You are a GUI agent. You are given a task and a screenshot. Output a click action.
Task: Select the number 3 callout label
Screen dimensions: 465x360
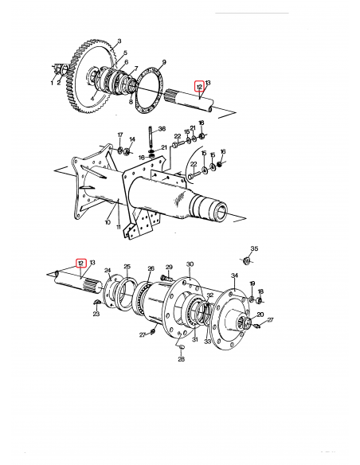click(119, 40)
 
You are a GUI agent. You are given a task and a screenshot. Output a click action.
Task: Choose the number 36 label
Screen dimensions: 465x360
click(162, 129)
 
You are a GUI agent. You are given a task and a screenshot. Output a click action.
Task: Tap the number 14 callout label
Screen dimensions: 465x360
click(132, 140)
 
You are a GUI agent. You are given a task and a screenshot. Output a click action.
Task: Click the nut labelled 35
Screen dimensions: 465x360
click(246, 261)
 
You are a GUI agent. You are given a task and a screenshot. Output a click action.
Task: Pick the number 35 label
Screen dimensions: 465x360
click(255, 249)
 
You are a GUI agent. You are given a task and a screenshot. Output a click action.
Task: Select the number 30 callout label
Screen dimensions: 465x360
click(190, 264)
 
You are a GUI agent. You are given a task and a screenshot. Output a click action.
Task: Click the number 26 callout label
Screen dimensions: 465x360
click(151, 268)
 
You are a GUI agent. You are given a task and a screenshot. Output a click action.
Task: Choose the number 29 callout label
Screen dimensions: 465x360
click(169, 267)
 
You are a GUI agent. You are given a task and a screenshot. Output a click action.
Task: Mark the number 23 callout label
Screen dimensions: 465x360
click(97, 314)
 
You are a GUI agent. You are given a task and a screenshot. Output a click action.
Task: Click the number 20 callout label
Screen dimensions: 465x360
click(260, 315)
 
